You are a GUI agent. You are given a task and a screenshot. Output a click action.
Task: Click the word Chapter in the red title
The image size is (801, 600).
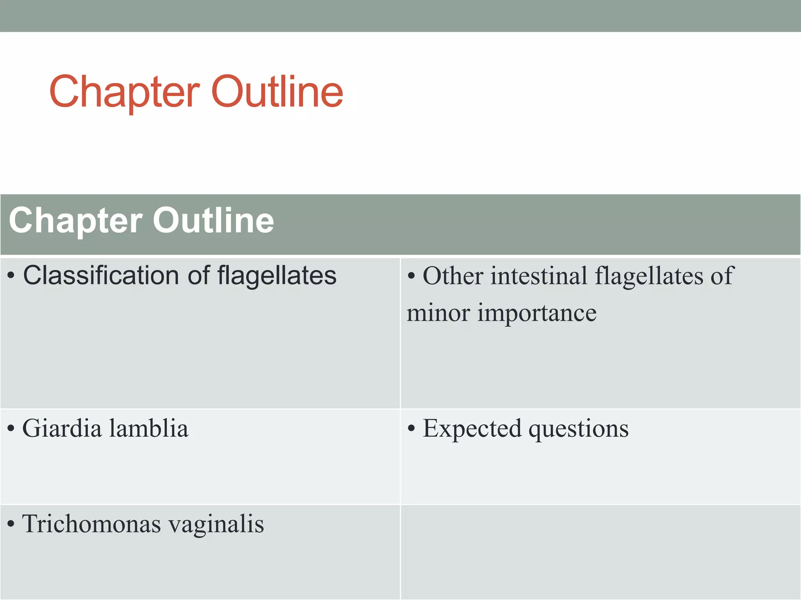pyautogui.click(x=124, y=92)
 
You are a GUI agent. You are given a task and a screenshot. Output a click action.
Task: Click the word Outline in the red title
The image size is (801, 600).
pyautogui.click(x=277, y=92)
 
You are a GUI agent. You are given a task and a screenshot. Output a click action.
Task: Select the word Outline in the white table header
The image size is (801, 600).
pyautogui.click(x=214, y=221)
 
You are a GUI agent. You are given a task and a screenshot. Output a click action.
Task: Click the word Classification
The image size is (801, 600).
pyautogui.click(x=101, y=275)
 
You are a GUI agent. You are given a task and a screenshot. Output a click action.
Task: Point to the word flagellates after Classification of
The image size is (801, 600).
pyautogui.click(x=277, y=275)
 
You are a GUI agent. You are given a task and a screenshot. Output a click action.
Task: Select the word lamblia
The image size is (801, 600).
pyautogui.click(x=149, y=428)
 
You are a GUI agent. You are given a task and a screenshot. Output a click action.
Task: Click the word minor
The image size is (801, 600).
pyautogui.click(x=438, y=313)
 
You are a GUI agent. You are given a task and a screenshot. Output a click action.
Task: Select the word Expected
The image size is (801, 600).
pyautogui.click(x=472, y=429)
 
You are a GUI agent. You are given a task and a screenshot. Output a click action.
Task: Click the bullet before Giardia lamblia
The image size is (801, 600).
pyautogui.click(x=11, y=429)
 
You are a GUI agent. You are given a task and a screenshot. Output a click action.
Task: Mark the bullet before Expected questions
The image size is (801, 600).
pyautogui.click(x=411, y=429)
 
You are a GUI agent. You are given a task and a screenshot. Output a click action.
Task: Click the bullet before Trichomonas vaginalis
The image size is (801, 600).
pyautogui.click(x=11, y=525)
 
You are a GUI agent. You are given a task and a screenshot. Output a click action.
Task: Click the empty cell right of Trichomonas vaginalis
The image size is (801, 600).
pyautogui.click(x=600, y=552)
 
